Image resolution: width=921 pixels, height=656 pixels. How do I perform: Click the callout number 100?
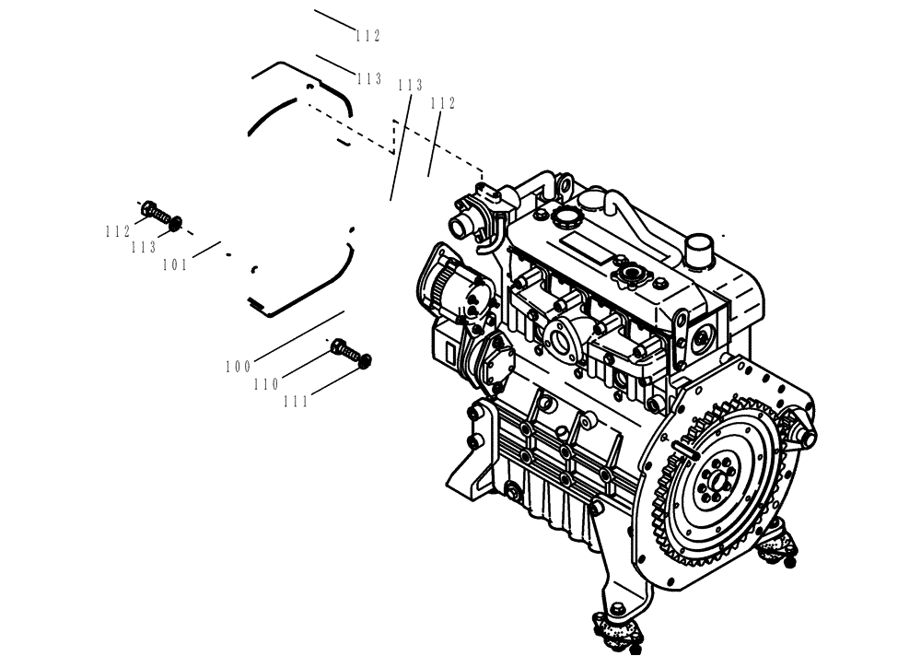coord(238,367)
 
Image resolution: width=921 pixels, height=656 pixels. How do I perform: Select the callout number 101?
coord(175,265)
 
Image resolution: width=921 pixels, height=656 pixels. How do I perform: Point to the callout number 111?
coord(296,402)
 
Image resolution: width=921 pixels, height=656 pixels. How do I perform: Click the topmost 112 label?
coord(367,36)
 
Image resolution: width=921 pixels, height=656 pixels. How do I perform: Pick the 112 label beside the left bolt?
coord(118,232)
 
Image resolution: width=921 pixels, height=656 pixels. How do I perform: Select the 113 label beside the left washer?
coord(143,248)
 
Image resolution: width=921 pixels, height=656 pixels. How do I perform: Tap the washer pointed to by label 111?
coord(366,360)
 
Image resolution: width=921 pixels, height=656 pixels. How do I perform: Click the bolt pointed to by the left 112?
coord(151,210)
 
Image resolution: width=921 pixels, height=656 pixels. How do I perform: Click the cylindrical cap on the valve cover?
coord(701,248)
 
